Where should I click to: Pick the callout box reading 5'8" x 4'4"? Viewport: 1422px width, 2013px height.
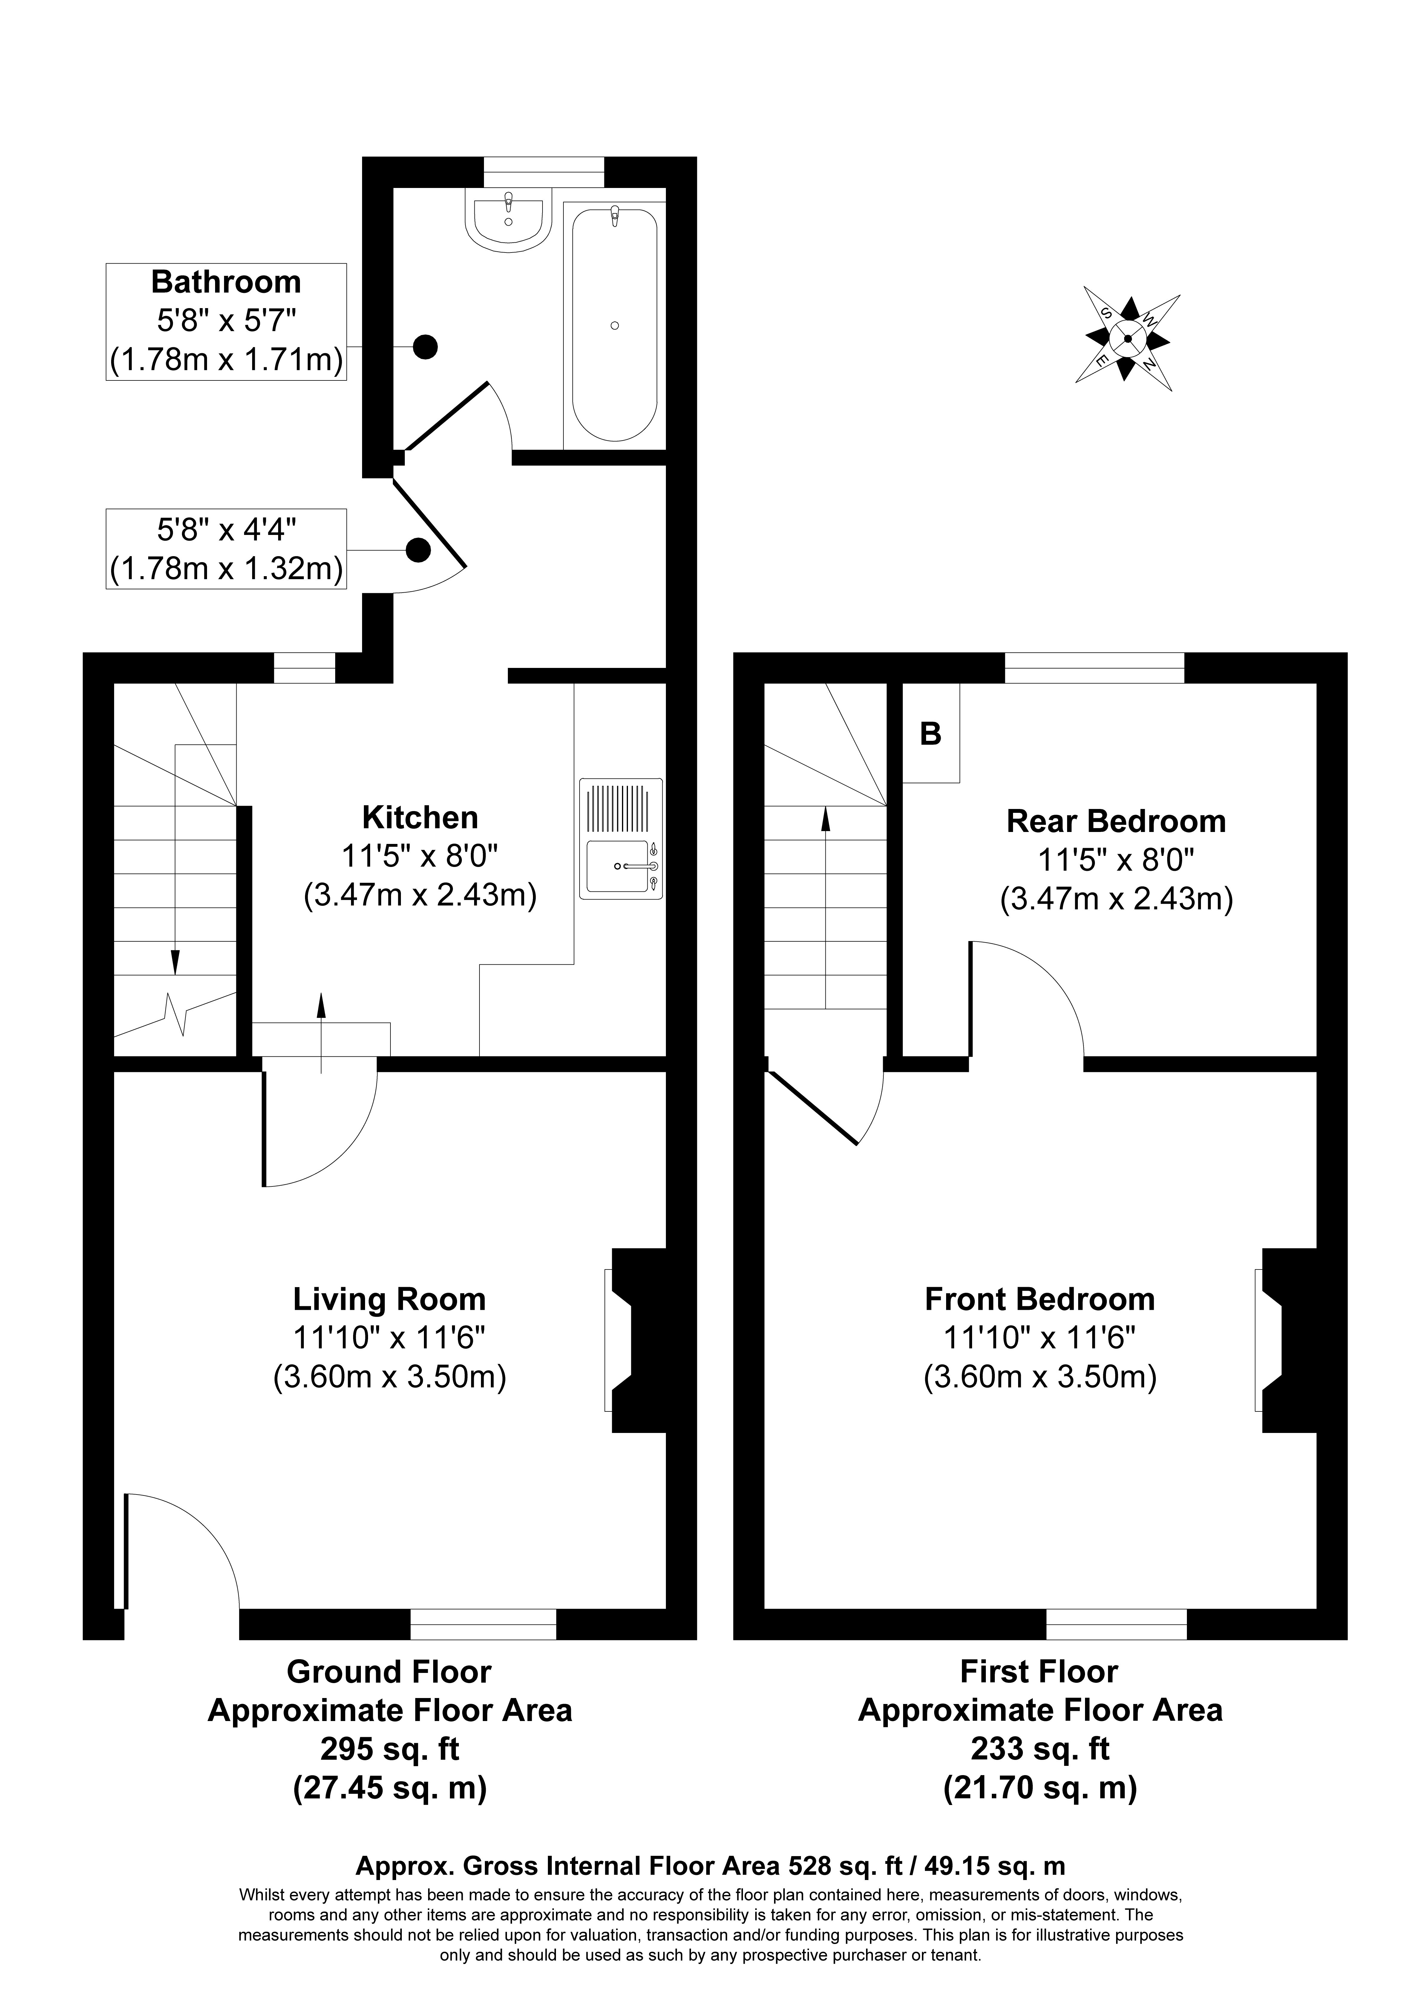pos(226,549)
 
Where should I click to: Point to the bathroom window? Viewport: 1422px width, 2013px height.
pos(543,171)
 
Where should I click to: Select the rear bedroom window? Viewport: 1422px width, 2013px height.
pos(1094,668)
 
